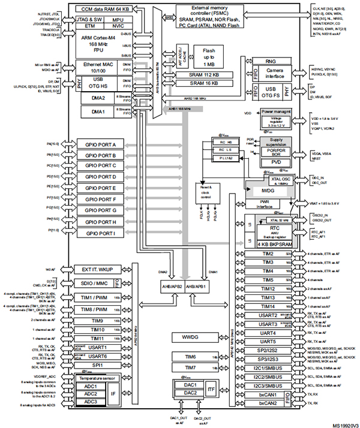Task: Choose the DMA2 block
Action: (x=98, y=97)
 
